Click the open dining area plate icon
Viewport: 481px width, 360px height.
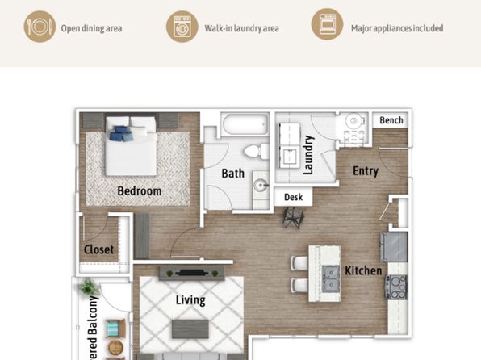(x=40, y=27)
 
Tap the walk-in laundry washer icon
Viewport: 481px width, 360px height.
(x=182, y=27)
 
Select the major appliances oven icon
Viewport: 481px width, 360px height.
(x=328, y=24)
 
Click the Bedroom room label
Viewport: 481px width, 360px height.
(x=140, y=190)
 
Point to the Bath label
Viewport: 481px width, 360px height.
(x=232, y=174)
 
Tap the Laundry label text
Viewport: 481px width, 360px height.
(x=308, y=155)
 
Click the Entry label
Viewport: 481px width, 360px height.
(x=366, y=171)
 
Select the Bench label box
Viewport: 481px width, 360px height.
(x=391, y=120)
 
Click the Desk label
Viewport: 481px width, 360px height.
(x=293, y=197)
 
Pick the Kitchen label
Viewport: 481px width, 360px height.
(x=363, y=270)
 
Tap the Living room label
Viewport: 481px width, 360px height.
(x=190, y=299)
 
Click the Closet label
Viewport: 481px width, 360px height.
(x=98, y=249)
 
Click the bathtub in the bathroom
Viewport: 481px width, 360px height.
(x=245, y=124)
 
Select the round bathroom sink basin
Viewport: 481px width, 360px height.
(x=261, y=186)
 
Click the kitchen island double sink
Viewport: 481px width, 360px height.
(x=331, y=278)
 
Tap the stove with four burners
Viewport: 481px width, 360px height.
(x=396, y=287)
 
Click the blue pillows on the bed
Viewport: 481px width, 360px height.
(x=121, y=133)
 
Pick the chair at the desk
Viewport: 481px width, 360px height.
(x=293, y=218)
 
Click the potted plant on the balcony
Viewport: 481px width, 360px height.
(x=89, y=287)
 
